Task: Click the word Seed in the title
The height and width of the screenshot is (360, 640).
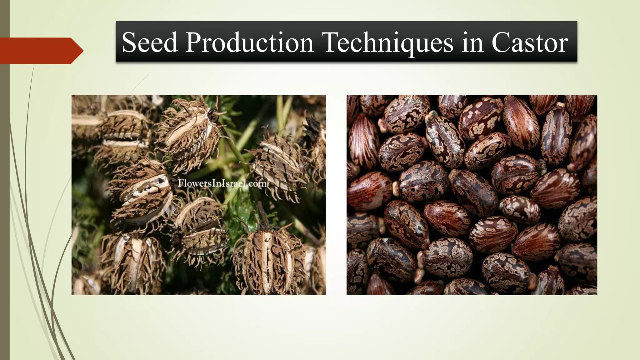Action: tap(150, 42)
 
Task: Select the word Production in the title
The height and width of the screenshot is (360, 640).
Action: tap(249, 42)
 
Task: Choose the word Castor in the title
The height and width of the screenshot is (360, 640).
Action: tap(530, 42)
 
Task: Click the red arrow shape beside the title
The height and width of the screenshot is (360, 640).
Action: tap(37, 51)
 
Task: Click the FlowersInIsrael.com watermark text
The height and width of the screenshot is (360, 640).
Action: tap(222, 183)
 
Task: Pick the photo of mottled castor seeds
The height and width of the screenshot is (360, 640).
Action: tap(472, 195)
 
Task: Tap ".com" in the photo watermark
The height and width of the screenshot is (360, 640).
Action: tap(258, 183)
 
